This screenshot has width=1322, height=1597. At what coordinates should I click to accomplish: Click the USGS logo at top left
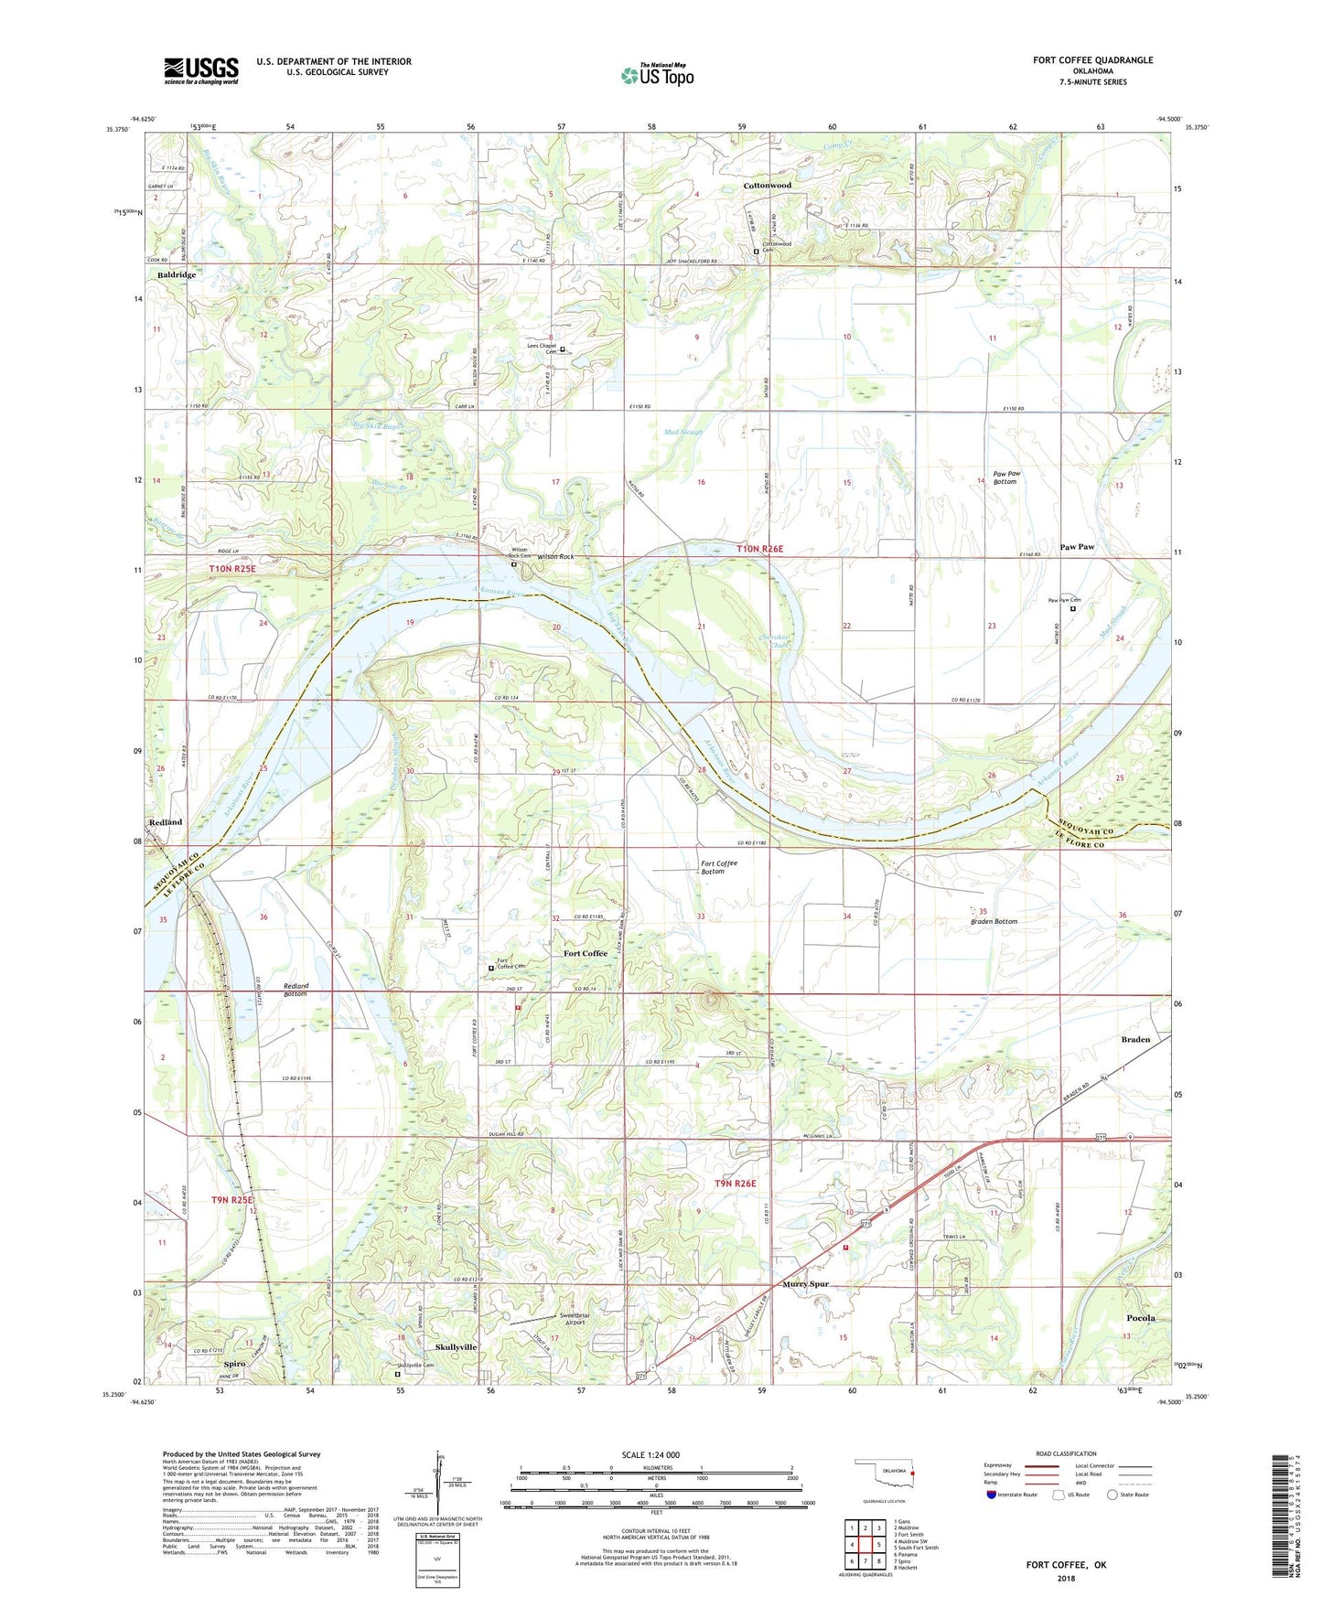click(x=201, y=70)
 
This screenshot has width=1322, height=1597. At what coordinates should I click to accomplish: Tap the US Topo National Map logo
click(x=656, y=75)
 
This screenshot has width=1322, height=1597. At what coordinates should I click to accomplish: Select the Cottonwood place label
click(x=767, y=186)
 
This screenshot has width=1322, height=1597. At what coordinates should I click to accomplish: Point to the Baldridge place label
click(x=177, y=275)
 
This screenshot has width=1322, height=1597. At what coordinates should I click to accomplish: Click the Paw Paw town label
click(x=1077, y=547)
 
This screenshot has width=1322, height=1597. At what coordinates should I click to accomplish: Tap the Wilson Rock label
click(x=555, y=556)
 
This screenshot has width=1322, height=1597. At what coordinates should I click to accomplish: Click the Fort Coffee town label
click(x=585, y=953)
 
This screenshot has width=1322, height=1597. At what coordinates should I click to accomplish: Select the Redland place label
click(x=166, y=822)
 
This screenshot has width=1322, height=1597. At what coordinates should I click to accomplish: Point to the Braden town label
click(x=1135, y=1040)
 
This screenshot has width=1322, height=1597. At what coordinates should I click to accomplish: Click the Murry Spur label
click(x=806, y=1284)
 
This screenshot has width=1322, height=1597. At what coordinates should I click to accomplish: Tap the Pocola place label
click(x=1140, y=1318)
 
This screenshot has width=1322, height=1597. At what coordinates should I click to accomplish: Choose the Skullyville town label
click(x=456, y=1347)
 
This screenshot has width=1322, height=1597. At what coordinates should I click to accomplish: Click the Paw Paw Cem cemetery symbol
click(x=1073, y=608)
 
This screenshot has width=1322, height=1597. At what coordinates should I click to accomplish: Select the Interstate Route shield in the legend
click(x=993, y=1495)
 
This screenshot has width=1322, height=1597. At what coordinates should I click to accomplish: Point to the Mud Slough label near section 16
click(x=683, y=432)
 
